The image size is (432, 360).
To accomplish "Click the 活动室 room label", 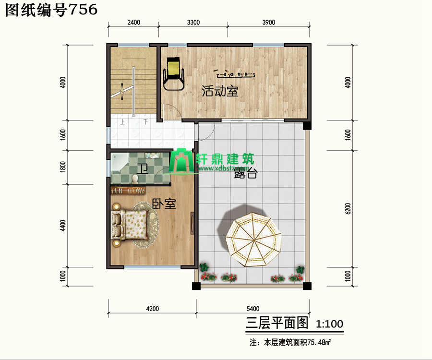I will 220,91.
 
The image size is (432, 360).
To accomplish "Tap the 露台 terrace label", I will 246,174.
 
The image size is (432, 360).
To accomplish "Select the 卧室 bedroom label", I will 164,204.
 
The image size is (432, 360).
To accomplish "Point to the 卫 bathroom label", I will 142,169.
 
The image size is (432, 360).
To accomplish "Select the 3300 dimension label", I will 192,23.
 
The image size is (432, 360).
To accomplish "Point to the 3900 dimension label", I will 268,23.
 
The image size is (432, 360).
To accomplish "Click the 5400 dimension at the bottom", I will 252,308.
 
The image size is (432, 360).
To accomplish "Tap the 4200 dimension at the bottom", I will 152,308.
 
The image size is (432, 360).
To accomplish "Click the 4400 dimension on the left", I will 63,226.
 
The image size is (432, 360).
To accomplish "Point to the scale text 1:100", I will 329,324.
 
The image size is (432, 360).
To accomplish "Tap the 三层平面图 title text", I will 277,323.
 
